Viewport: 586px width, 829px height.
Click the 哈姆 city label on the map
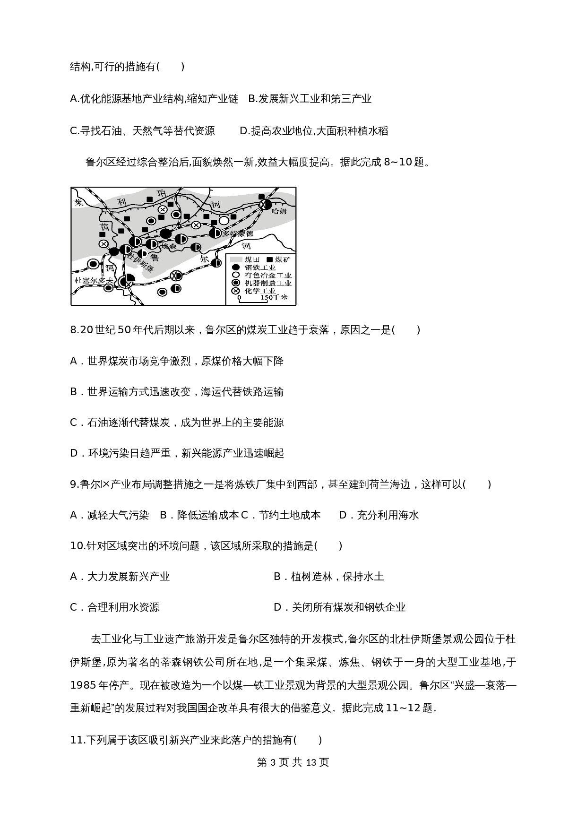point(279,212)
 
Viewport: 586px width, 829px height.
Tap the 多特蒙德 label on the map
point(238,233)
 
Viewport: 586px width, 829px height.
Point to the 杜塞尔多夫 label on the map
point(94,280)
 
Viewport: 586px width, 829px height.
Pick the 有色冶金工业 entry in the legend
point(267,275)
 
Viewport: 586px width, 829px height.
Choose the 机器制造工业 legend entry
point(267,283)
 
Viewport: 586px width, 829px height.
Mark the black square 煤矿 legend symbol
point(270,260)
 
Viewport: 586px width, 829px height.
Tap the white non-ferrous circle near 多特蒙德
point(224,220)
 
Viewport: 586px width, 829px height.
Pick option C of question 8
point(177,423)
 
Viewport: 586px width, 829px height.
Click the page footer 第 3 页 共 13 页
point(293,762)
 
